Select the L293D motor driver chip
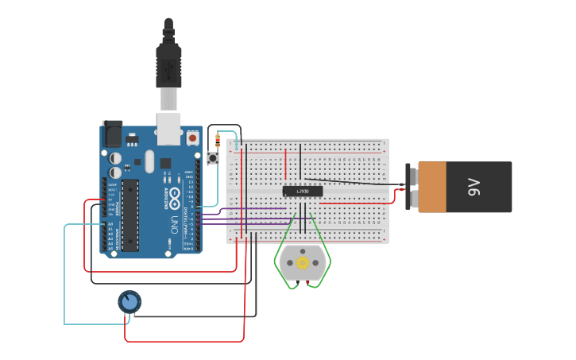[x=303, y=191]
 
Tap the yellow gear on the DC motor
[x=302, y=261]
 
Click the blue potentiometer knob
[x=130, y=302]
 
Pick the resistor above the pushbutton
[x=218, y=142]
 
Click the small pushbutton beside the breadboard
[x=213, y=159]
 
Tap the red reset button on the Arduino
[x=192, y=137]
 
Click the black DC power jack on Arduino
[x=111, y=132]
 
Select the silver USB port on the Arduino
[x=168, y=128]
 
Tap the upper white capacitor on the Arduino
[x=116, y=158]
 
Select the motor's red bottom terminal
[x=307, y=284]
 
